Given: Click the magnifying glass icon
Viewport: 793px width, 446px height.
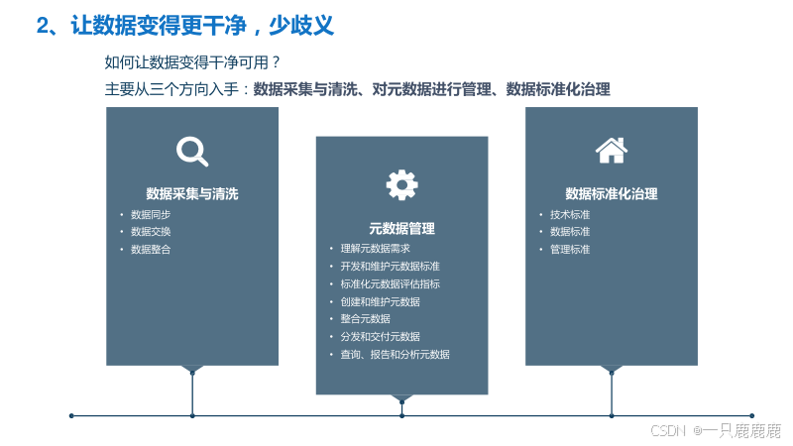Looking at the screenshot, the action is [x=192, y=151].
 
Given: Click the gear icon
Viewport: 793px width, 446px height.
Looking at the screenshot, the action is [x=401, y=184].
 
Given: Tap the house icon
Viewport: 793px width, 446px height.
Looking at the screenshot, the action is [x=611, y=150].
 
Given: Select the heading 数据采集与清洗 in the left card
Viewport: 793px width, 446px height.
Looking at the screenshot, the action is [x=192, y=193].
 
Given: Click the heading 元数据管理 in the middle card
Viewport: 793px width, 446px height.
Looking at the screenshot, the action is [x=401, y=228].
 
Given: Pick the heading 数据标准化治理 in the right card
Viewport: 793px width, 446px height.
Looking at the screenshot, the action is [x=612, y=193].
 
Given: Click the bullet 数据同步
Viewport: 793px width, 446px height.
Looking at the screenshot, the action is [x=151, y=214].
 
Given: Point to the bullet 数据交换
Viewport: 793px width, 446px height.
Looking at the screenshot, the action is [x=151, y=232].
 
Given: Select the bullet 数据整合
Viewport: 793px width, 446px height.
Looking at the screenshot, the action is [x=151, y=250].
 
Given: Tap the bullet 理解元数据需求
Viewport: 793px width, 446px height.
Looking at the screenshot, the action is [x=375, y=249].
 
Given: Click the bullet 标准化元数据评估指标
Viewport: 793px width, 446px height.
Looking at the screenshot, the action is [x=390, y=283].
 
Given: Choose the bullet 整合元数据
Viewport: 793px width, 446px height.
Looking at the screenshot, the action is [x=365, y=319].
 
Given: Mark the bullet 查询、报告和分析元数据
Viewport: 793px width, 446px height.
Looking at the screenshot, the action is [x=395, y=354].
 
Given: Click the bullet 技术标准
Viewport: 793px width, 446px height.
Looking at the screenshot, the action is [x=570, y=214].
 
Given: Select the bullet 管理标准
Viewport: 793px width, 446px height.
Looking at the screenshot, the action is [x=570, y=250].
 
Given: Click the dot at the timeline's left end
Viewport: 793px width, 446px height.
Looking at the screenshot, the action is [x=71, y=415].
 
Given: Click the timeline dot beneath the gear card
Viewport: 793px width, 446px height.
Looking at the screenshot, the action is [x=401, y=415].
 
